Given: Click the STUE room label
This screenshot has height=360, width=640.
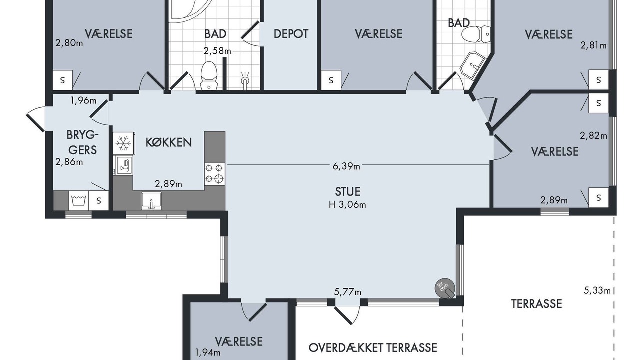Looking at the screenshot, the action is [347, 191].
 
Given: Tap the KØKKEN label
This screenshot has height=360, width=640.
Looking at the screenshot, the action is [169, 142].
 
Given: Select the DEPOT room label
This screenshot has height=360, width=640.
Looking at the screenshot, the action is [291, 34].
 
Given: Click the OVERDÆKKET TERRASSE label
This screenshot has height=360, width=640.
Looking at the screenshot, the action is [373, 348].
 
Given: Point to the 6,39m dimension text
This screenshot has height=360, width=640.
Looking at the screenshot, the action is [346, 166].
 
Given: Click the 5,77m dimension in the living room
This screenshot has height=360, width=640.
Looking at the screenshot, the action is [347, 292].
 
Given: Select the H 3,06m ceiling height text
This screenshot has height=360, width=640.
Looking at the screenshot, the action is [347, 205].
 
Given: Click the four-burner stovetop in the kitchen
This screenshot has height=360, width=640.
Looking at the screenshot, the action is [215, 174].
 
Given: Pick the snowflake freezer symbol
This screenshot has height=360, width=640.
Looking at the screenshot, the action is [123, 143].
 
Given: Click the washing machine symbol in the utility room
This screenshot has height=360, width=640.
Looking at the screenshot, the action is [79, 200].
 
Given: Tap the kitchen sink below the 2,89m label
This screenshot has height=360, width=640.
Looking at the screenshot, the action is [151, 201].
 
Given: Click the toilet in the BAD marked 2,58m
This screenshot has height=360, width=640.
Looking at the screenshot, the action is [209, 75].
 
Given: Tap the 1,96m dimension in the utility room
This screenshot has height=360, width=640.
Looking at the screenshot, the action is [83, 100].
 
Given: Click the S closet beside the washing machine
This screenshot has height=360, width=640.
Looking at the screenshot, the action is [99, 200].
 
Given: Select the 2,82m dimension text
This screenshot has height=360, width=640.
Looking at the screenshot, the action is [593, 135].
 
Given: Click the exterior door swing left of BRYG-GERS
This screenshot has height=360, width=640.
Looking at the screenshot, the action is [35, 119].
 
